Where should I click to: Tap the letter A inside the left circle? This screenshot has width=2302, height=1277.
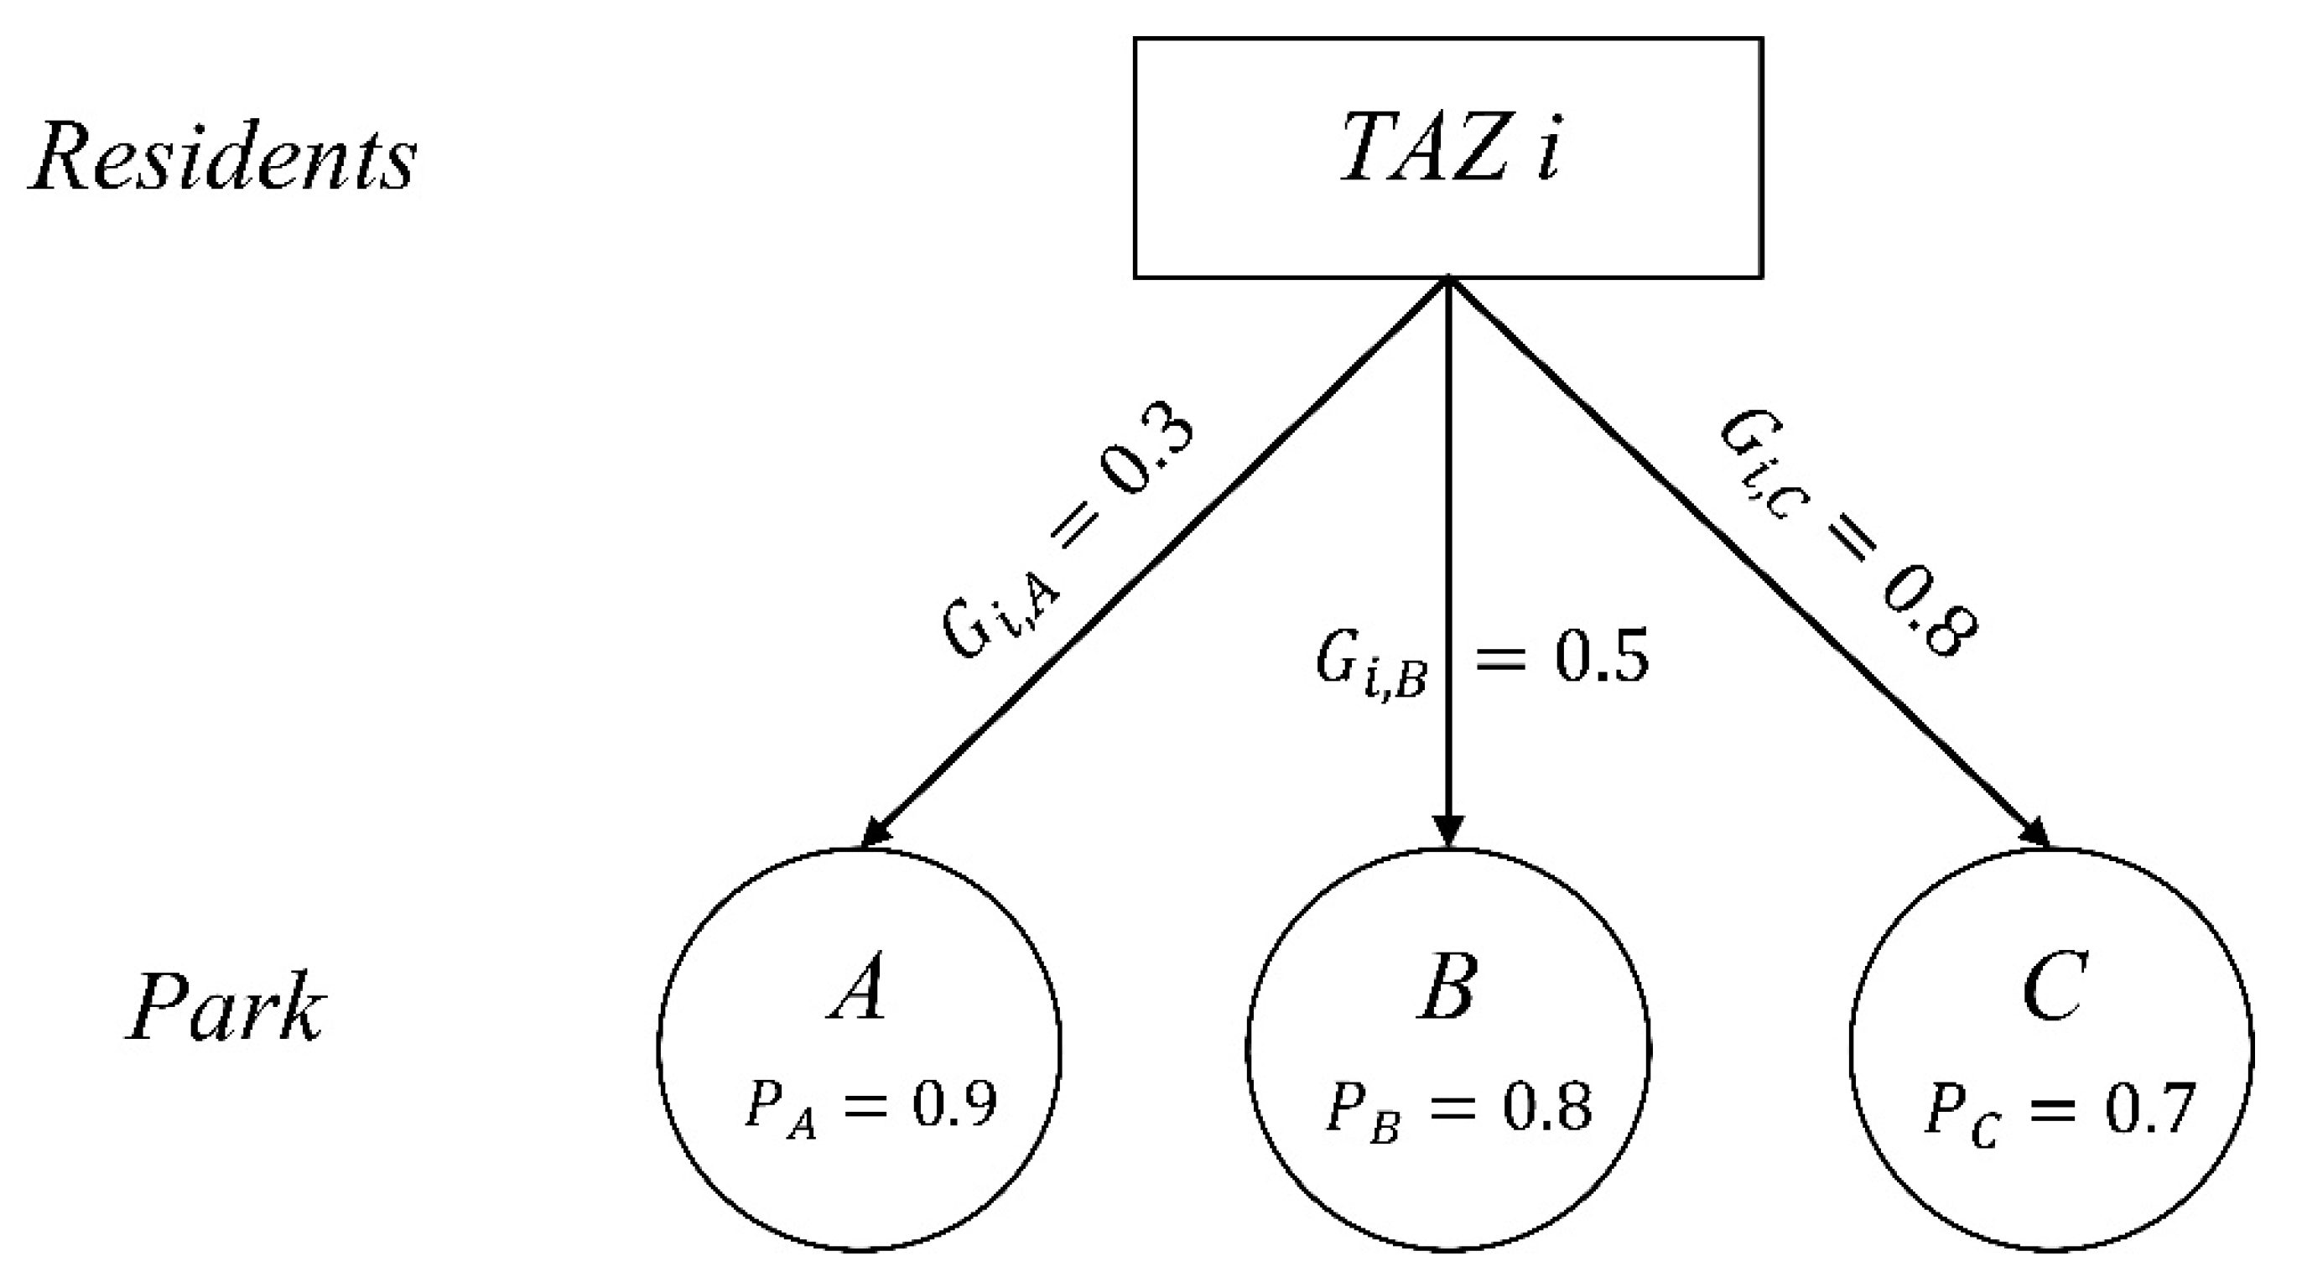858,987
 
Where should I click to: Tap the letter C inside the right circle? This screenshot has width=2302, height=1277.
2054,987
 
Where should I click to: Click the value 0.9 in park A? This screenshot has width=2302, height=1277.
953,1105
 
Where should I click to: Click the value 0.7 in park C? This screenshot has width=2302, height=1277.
2149,1109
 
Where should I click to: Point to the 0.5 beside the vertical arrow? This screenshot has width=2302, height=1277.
1602,657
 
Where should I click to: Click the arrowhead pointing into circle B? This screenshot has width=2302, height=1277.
1448,831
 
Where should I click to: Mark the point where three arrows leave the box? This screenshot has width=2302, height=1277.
1448,281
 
